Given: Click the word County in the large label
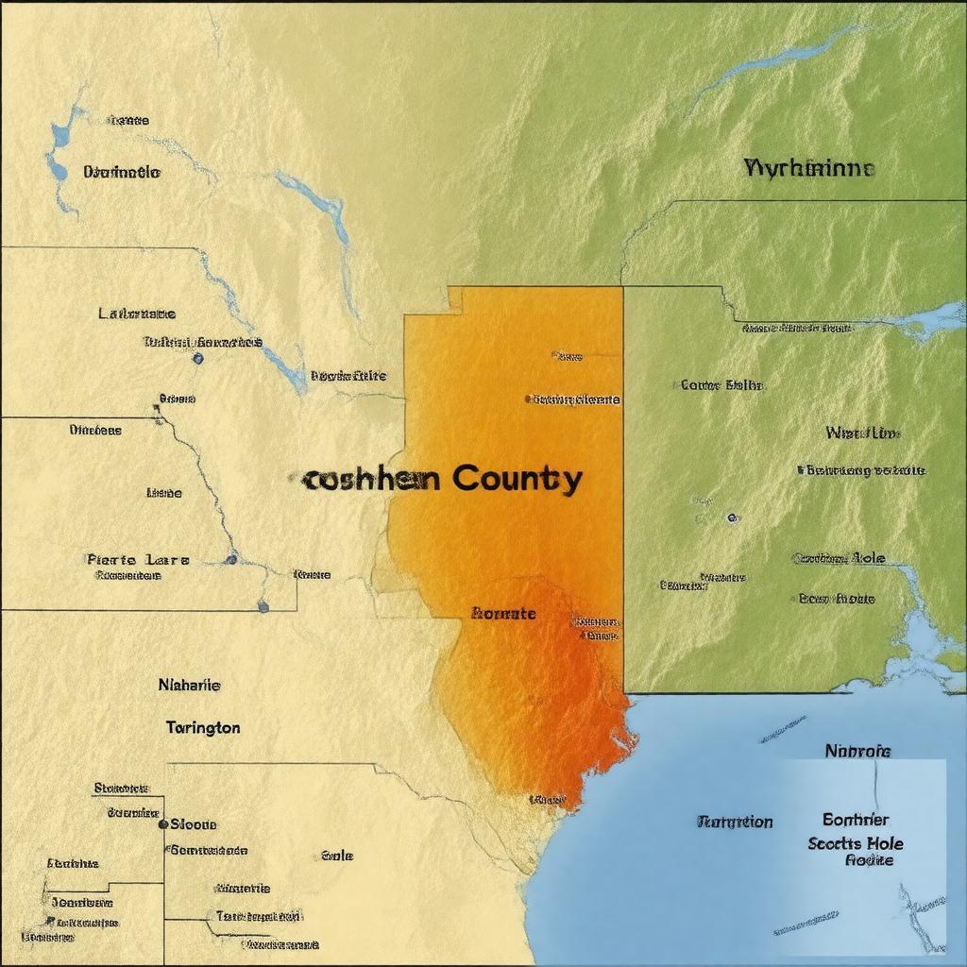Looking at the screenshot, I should click(517, 479).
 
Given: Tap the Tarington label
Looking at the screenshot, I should click(203, 728).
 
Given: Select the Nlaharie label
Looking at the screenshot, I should click(189, 685).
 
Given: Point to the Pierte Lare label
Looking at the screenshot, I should click(138, 560).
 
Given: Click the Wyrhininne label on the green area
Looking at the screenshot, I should click(809, 169).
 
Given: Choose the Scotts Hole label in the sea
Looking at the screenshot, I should click(856, 843).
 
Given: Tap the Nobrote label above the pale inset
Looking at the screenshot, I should click(857, 752).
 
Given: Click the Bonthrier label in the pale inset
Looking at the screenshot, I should click(856, 820).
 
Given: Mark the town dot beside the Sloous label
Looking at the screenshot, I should click(163, 823).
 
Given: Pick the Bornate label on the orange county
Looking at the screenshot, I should click(503, 614).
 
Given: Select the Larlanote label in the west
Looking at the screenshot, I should click(137, 313).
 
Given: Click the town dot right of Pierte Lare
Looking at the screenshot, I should click(231, 559).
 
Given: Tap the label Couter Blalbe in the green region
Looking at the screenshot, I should click(721, 385).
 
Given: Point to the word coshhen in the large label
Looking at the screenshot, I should click(371, 480).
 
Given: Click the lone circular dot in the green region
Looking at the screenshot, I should click(731, 517).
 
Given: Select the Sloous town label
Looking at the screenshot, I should click(194, 823).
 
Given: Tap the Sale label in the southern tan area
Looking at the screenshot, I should click(337, 856).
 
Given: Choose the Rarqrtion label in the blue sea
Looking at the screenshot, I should click(735, 823).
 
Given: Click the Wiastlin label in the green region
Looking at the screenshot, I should click(862, 433).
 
